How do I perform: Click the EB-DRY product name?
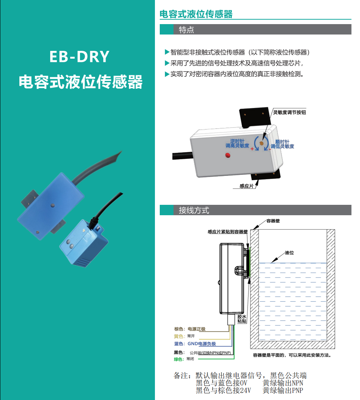click(x=79, y=57)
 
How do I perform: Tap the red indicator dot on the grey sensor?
click(x=228, y=155)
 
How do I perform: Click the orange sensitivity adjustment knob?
click(x=262, y=143)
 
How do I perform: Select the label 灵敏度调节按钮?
click(x=289, y=112)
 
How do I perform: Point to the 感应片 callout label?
click(x=247, y=186)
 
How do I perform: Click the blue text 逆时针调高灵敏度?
click(x=237, y=143)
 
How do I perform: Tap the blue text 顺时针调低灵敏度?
click(x=282, y=144)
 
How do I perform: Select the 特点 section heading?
click(x=186, y=30)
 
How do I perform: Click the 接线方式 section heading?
click(x=194, y=210)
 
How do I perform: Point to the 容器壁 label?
click(x=273, y=221)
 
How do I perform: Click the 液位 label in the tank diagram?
click(x=289, y=253)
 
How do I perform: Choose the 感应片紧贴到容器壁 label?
click(x=228, y=232)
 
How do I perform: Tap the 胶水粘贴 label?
click(x=242, y=319)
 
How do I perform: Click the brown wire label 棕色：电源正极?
click(x=190, y=329)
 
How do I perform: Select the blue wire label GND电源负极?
click(x=202, y=344)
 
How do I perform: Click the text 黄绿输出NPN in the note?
click(x=283, y=383)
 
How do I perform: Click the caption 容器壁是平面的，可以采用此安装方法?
click(x=292, y=355)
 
